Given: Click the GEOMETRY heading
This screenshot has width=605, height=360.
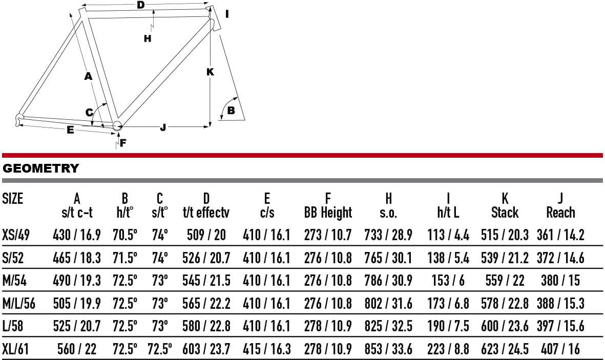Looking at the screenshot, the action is point(40,168).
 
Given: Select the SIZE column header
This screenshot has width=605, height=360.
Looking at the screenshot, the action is point(13,199).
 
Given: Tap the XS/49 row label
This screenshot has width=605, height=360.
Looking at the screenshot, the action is point(16,235).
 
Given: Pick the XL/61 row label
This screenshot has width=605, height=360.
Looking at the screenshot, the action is point(15,349).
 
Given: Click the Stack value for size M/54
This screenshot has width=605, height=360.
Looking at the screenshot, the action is point(505,281).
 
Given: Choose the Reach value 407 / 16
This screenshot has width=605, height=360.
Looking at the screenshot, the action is point(560,349).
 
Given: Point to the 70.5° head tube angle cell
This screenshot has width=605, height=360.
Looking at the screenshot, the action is point(125,235).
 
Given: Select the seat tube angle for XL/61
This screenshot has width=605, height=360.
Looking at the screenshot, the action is point(159,349).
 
